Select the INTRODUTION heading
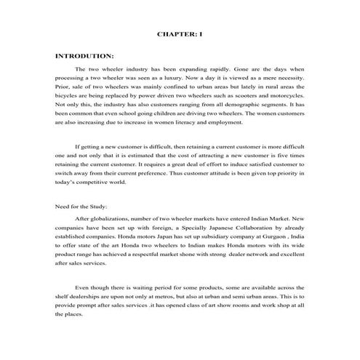coord(84,55)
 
